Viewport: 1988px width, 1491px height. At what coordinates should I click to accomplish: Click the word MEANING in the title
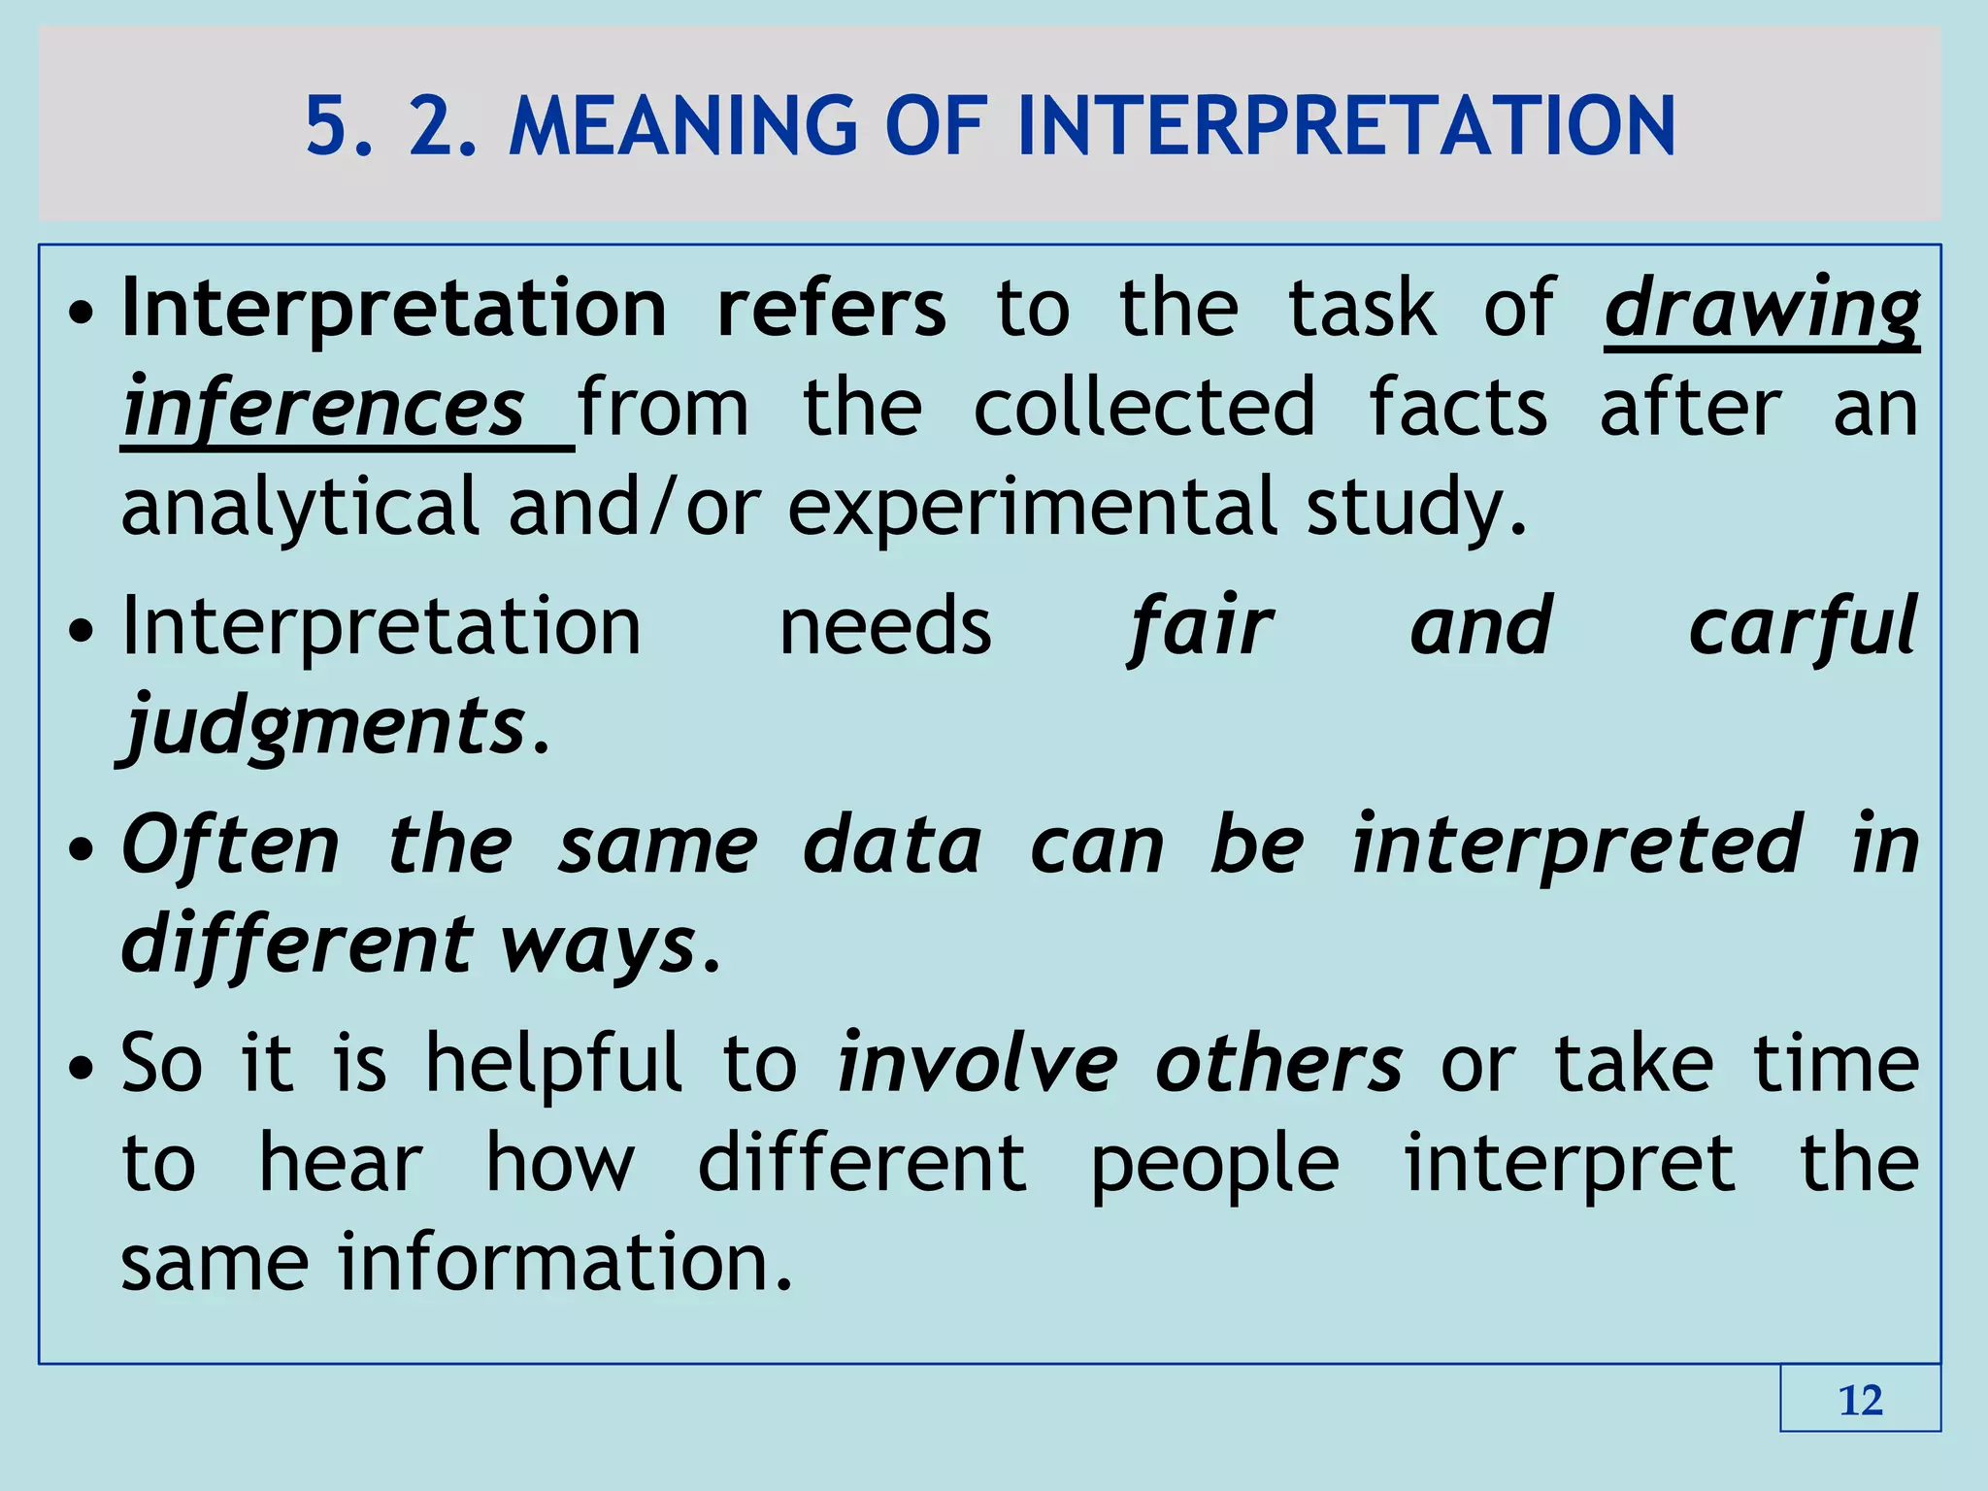(682, 126)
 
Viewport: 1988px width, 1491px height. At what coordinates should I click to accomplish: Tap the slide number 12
(1860, 1400)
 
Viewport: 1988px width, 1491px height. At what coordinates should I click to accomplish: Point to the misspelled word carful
(1803, 627)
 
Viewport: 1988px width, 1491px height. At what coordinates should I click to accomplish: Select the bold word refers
(831, 309)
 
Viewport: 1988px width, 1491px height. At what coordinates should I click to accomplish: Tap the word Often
(231, 845)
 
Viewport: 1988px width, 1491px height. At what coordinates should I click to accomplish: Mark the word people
(1214, 1165)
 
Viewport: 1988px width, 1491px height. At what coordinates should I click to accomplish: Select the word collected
(1143, 408)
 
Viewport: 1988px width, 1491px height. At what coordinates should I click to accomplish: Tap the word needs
(885, 627)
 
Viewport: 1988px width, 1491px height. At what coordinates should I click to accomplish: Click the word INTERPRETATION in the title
(1346, 126)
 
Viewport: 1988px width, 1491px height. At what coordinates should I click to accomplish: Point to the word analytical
(300, 507)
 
